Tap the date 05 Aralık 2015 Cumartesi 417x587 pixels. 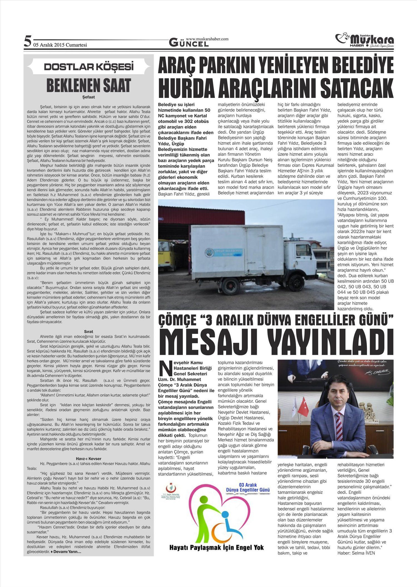coord(60,45)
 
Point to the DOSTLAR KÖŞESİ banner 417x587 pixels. coord(89,67)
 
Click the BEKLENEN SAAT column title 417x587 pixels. coord(89,85)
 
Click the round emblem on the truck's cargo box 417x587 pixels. coord(209,254)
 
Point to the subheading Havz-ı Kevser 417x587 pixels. coord(89,458)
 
